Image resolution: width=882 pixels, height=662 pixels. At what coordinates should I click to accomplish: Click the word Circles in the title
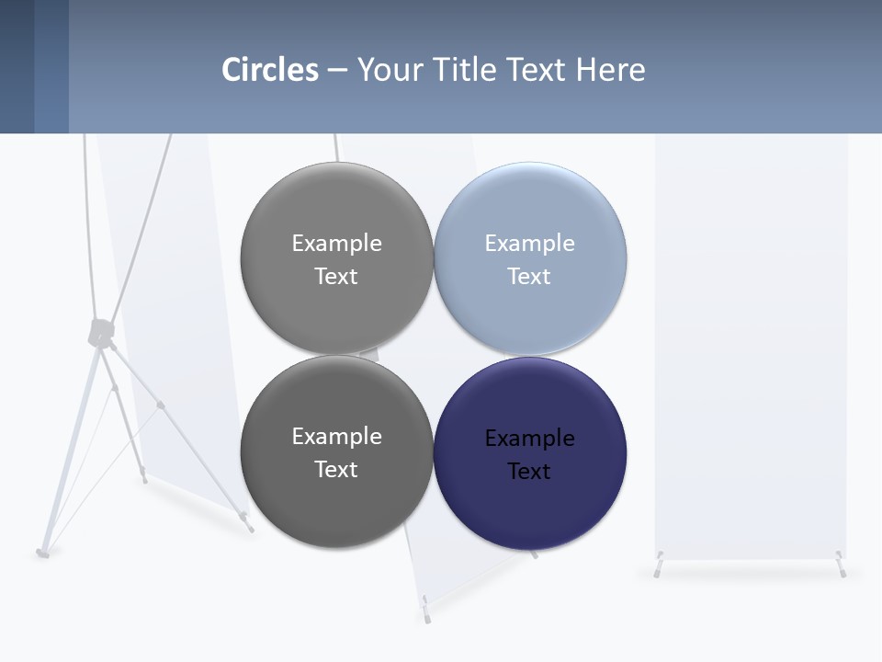pyautogui.click(x=270, y=70)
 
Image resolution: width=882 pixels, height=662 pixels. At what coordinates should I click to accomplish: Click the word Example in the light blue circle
pyautogui.click(x=529, y=244)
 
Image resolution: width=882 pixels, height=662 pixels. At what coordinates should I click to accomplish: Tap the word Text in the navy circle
pyautogui.click(x=529, y=472)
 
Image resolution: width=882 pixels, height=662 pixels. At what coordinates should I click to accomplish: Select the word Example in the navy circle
pyautogui.click(x=529, y=439)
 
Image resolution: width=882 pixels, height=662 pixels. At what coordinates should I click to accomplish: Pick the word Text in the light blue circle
pyautogui.click(x=529, y=277)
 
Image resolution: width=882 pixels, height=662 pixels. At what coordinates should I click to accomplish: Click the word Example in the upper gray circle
pyautogui.click(x=336, y=244)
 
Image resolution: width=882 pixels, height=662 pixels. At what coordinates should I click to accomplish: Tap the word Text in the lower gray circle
pyautogui.click(x=336, y=470)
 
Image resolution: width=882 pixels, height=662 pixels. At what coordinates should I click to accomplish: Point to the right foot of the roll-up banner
pyautogui.click(x=840, y=566)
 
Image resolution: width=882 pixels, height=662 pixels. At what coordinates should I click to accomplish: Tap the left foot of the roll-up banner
pyautogui.click(x=659, y=566)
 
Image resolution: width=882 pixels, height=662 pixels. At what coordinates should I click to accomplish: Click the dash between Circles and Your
pyautogui.click(x=337, y=70)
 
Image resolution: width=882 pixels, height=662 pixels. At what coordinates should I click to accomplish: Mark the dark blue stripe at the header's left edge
pyautogui.click(x=17, y=66)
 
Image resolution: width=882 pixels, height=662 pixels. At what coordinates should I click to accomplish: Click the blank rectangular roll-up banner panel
pyautogui.click(x=751, y=349)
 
